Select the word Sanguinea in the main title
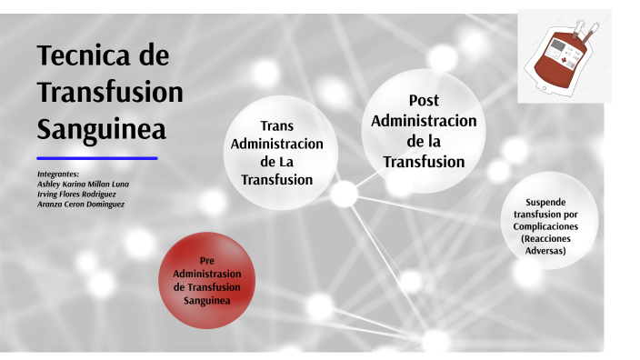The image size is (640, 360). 101,129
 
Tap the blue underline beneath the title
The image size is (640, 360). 97,158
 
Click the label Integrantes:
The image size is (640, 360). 58,173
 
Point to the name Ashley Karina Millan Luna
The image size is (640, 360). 83,184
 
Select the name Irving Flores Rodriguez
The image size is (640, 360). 78,194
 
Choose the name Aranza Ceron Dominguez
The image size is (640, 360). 81,205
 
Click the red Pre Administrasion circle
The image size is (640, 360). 206,279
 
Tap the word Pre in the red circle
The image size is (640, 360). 206,260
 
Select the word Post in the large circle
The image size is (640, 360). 424,100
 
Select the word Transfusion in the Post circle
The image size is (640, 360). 424,162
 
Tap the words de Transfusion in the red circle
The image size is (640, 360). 206,286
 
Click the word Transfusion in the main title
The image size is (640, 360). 110,92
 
